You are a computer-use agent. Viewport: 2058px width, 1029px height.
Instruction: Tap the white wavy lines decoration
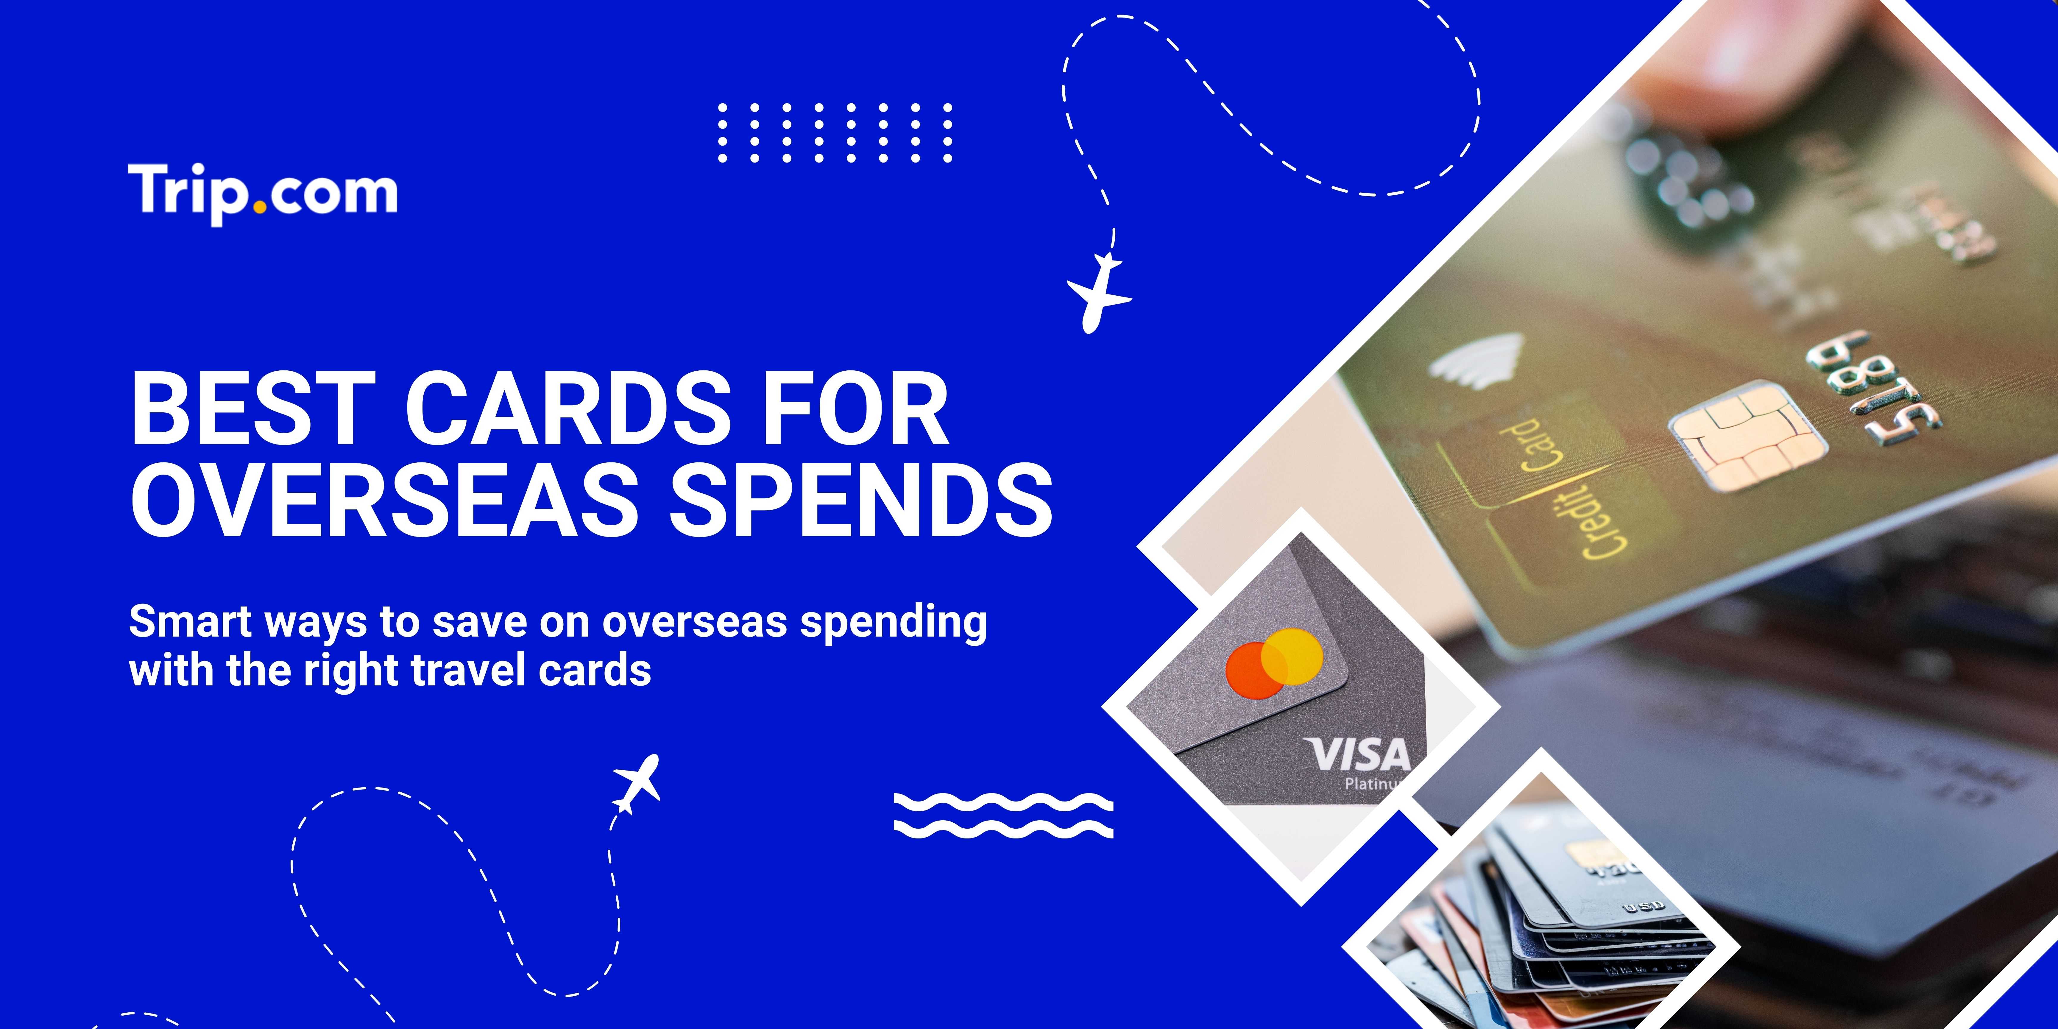tap(1003, 815)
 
